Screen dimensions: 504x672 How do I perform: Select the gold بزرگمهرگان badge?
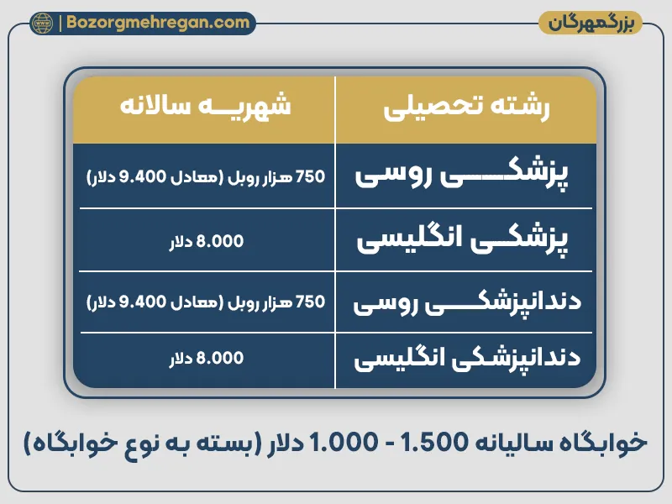[x=591, y=23]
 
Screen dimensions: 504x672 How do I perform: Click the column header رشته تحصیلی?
[x=466, y=109]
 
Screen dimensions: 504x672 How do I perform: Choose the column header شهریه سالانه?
[x=205, y=109]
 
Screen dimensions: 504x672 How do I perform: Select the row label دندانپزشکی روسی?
[x=466, y=302]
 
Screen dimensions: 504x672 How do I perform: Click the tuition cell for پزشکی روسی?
[x=205, y=176]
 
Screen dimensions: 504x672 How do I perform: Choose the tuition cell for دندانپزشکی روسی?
[x=205, y=302]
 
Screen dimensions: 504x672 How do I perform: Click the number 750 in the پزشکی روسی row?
[x=310, y=176]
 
